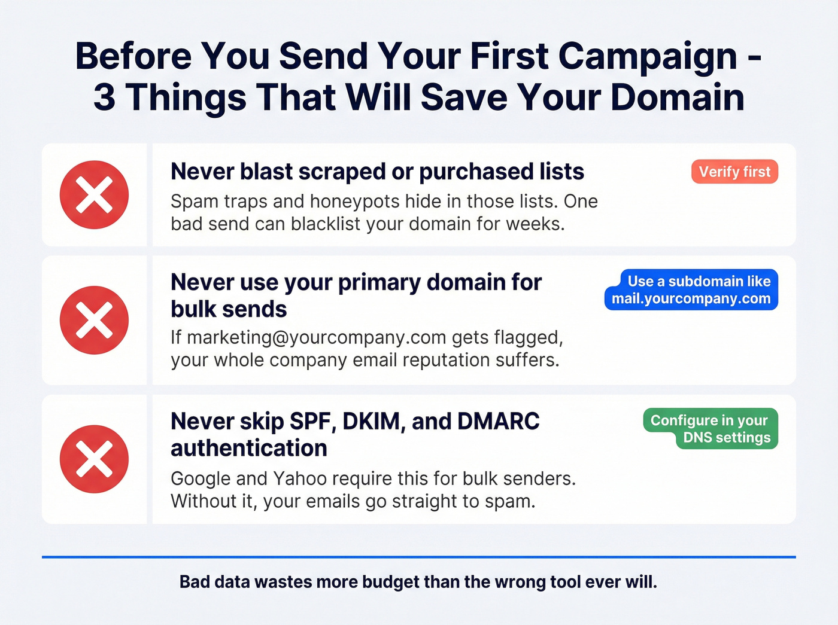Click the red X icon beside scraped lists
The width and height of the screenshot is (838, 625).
tap(94, 195)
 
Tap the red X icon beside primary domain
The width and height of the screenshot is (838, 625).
tap(94, 320)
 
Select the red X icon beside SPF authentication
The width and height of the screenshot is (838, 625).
tap(94, 459)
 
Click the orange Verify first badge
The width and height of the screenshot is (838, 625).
tap(734, 172)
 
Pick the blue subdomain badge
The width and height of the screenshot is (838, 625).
tap(691, 289)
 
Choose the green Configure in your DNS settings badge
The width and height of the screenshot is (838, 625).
tap(711, 428)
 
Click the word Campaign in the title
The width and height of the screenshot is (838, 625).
tap(648, 56)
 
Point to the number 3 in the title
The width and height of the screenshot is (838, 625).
tap(104, 97)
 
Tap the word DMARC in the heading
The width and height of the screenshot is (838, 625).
tap(498, 422)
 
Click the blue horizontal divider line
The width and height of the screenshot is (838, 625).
tap(419, 557)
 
